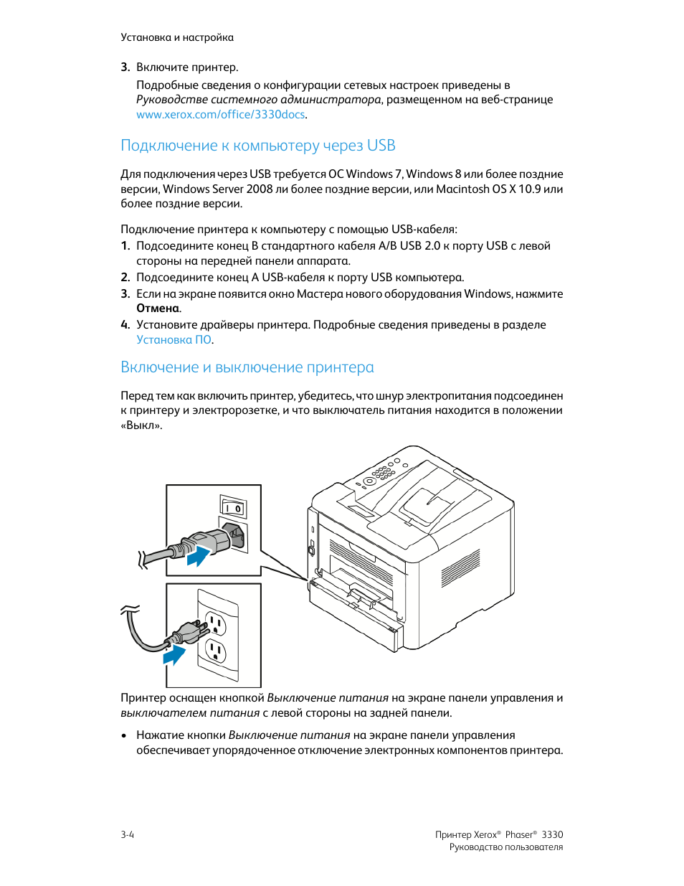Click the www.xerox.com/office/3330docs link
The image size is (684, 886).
(221, 115)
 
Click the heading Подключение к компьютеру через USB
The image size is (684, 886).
(257, 146)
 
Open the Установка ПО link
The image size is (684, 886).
(174, 340)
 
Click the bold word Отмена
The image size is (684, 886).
(158, 308)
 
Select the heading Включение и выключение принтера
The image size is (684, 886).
(247, 367)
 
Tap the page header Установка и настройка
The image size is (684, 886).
(176, 37)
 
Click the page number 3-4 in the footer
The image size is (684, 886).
(127, 834)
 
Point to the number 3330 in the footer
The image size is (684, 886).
(552, 834)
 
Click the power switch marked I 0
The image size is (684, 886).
(233, 508)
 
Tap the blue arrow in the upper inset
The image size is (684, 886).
(199, 555)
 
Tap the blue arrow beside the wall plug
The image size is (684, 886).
(174, 654)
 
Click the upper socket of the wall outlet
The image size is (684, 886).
(216, 623)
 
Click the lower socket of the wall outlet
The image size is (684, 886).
(216, 651)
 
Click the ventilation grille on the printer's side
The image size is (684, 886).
(460, 567)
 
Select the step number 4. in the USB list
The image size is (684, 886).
(125, 325)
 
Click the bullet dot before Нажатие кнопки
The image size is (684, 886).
(124, 735)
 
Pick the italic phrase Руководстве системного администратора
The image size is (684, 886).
(258, 100)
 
